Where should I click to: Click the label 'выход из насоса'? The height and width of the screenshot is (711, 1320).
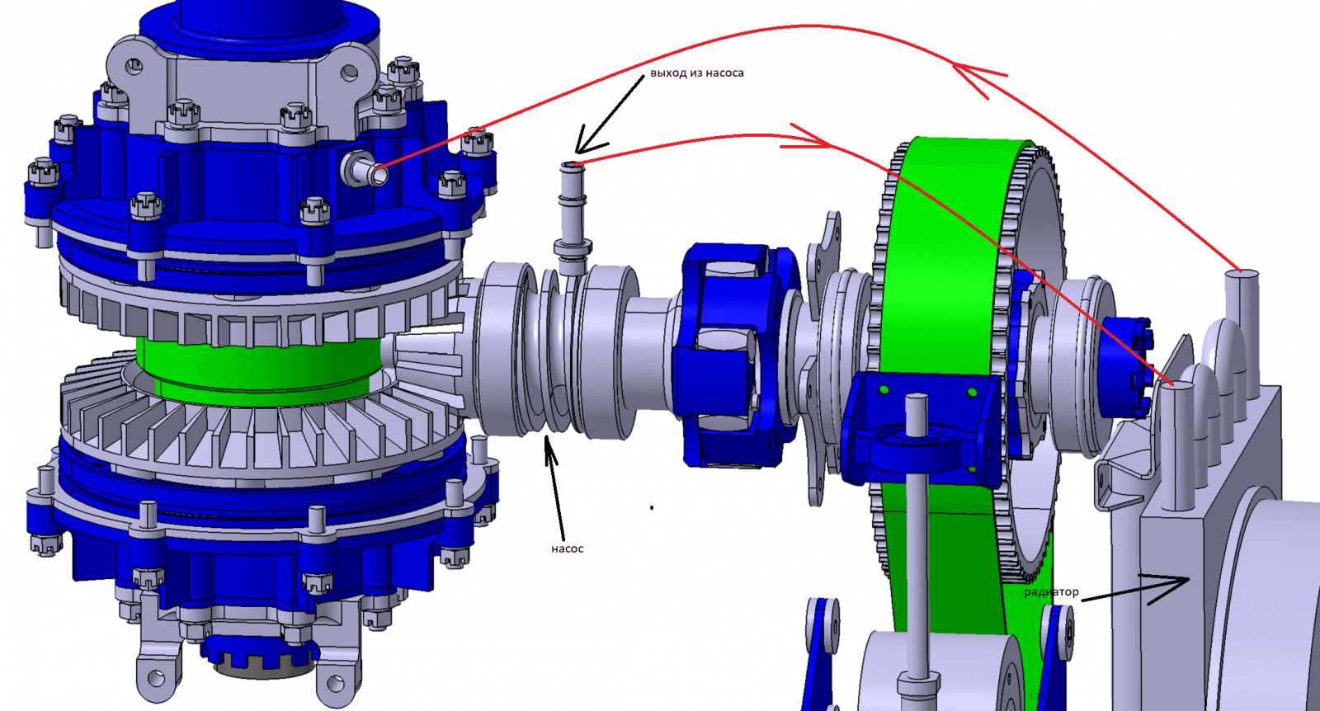tap(696, 73)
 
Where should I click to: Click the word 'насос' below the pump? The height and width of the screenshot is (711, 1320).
tap(567, 549)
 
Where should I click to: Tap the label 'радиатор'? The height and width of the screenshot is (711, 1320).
tap(1051, 591)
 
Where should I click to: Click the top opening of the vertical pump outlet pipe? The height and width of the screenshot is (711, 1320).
tap(572, 166)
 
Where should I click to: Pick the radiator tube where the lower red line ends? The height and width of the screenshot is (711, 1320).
tap(1175, 445)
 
